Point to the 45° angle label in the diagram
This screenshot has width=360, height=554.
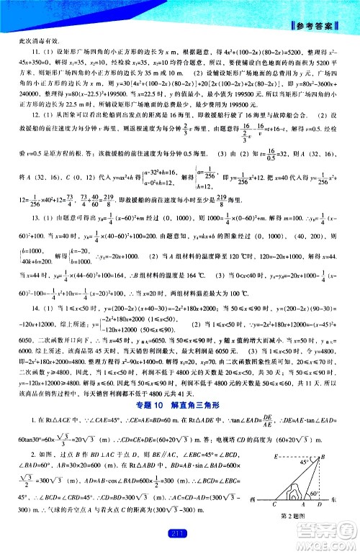(315, 463)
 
